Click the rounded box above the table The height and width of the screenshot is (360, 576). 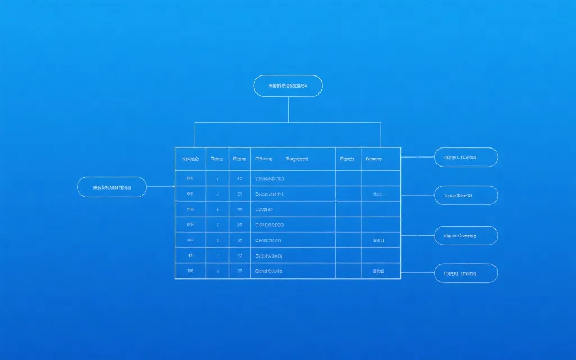[x=288, y=85]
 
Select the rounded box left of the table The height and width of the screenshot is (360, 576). [x=111, y=187]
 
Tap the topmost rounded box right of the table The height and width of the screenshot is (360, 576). [x=466, y=157]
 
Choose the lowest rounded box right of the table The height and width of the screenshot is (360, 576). [x=466, y=273]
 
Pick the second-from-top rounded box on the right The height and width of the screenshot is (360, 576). [x=466, y=196]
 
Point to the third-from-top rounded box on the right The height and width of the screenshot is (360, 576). [x=466, y=236]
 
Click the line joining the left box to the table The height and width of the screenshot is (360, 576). [x=160, y=187]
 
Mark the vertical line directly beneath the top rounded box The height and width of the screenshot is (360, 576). [x=288, y=109]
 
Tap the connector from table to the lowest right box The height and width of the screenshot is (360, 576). [x=417, y=273]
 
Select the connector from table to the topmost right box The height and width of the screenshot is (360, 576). [x=417, y=157]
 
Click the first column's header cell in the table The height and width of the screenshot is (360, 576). [x=191, y=159]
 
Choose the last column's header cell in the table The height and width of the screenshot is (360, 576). [x=380, y=159]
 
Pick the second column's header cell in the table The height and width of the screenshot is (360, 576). [x=217, y=159]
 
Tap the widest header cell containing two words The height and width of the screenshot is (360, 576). [x=292, y=159]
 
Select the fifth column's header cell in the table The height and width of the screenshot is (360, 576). [x=348, y=159]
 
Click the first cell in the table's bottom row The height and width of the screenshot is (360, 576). [x=191, y=271]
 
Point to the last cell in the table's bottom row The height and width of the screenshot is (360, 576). [x=380, y=271]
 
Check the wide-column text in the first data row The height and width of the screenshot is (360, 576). [x=270, y=178]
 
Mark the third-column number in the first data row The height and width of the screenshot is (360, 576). [x=240, y=178]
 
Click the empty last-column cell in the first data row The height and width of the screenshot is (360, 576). [x=380, y=178]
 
